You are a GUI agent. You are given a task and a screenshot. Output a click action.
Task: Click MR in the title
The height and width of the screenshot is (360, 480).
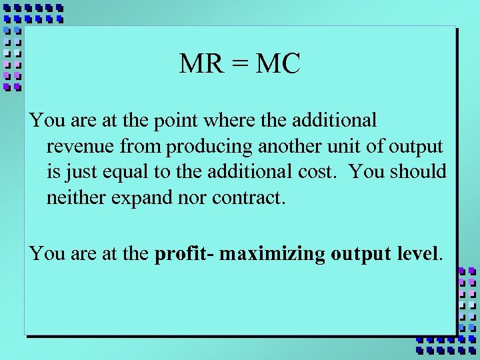pyautogui.click(x=197, y=65)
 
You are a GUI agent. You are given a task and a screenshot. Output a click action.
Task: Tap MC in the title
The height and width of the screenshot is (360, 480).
pyautogui.click(x=278, y=65)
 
